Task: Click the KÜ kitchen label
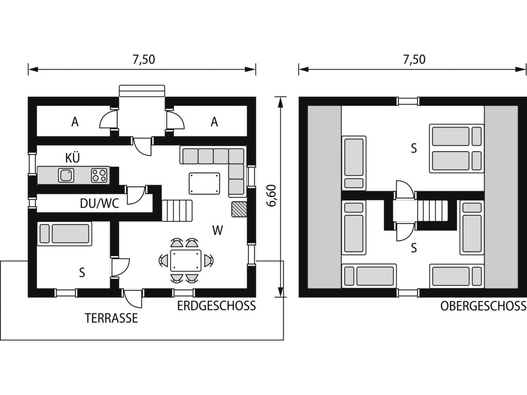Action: pos(73,157)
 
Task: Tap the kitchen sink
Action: pos(66,175)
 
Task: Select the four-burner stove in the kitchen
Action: pos(100,175)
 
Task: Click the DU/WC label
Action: pos(99,203)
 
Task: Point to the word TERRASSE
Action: pos(111,318)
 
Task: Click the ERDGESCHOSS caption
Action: pos(217,306)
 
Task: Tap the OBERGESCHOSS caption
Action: pos(483,306)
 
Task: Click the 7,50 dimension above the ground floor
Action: pos(144,59)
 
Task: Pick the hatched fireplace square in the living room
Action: pos(239,209)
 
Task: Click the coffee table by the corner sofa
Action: pos(204,184)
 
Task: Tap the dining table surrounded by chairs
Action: pos(185,260)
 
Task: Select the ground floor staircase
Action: pos(177,210)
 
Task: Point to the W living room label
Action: pos(218,230)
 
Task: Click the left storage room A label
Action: pos(75,122)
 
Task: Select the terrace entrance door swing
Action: pos(133,298)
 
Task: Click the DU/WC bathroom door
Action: pos(136,195)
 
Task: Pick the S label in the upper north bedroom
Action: pos(414,148)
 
